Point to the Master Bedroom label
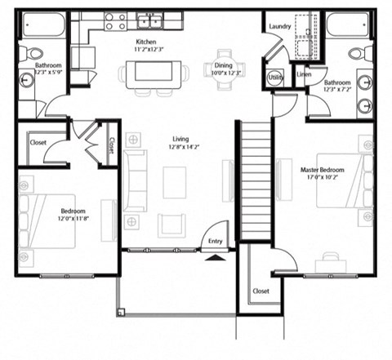322,170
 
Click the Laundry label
280,27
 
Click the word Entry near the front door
215,241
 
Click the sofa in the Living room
135,181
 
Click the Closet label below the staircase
261,291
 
